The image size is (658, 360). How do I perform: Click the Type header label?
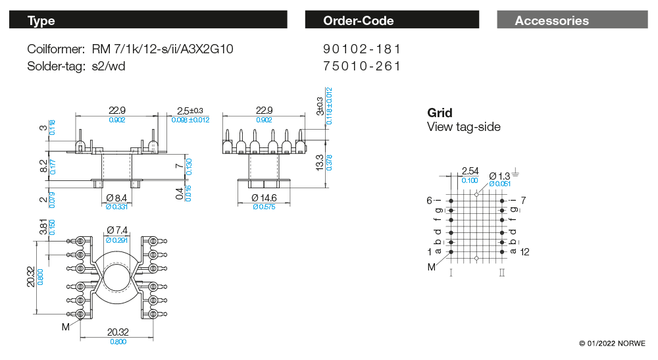41,20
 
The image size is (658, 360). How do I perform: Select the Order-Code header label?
358,20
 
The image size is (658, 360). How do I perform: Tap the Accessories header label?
551,20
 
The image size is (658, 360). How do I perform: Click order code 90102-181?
362,49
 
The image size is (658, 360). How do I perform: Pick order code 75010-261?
362,66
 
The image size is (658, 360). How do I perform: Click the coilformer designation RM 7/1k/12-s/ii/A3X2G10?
162,49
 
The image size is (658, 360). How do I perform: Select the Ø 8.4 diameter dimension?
117,197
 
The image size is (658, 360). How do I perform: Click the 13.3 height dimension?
319,161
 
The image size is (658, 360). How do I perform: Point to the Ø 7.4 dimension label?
116,230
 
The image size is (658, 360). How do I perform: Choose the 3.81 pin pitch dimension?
43,227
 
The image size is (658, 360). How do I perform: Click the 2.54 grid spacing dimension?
470,171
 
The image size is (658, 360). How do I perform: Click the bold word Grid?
440,113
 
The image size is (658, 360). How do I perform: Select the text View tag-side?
463,127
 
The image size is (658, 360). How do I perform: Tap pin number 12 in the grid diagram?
524,252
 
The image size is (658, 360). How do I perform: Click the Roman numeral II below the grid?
502,272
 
